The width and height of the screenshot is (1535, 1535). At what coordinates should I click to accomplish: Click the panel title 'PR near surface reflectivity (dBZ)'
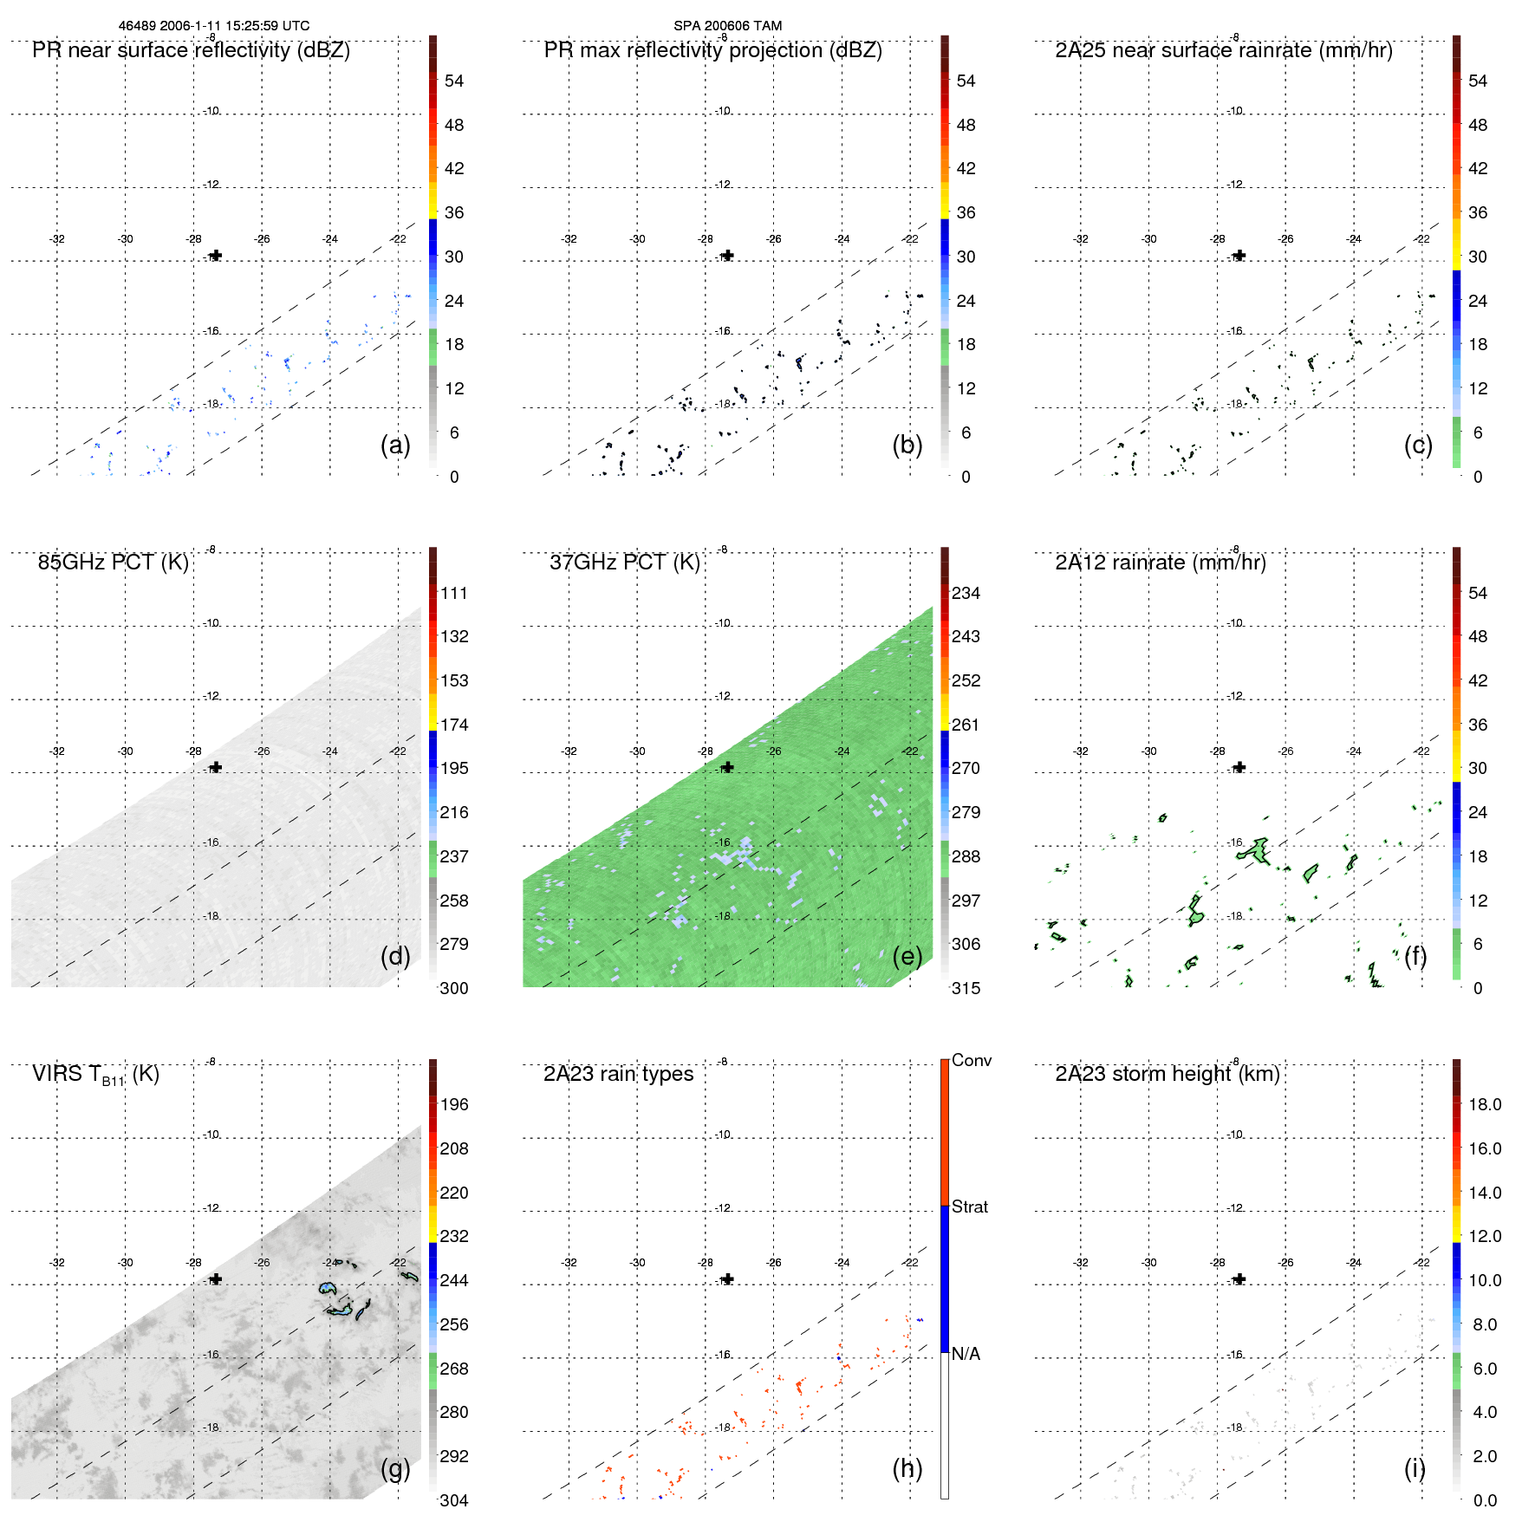pyautogui.click(x=191, y=50)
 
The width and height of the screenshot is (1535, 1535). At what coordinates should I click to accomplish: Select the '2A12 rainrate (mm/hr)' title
pyautogui.click(x=1160, y=563)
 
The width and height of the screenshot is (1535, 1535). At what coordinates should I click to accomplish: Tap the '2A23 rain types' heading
pyautogui.click(x=618, y=1074)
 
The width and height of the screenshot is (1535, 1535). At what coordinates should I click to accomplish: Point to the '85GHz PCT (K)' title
pyautogui.click(x=113, y=563)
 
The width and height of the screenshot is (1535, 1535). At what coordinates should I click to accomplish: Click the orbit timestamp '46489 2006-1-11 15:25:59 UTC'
pyautogui.click(x=214, y=26)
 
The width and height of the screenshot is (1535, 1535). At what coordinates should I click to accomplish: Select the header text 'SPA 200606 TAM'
pyautogui.click(x=727, y=26)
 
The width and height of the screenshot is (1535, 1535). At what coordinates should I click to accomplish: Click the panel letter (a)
pyautogui.click(x=395, y=445)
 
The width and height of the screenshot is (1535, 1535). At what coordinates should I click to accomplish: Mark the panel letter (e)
pyautogui.click(x=907, y=956)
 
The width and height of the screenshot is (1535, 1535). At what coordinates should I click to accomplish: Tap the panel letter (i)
pyautogui.click(x=1415, y=1468)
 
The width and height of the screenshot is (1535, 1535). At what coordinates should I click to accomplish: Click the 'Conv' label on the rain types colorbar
pyautogui.click(x=971, y=1060)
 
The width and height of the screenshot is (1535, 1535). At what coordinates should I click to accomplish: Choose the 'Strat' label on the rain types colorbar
pyautogui.click(x=969, y=1207)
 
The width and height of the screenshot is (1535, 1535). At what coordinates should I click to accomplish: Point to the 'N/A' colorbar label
pyautogui.click(x=966, y=1354)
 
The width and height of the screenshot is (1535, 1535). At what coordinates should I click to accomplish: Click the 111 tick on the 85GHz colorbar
pyautogui.click(x=453, y=593)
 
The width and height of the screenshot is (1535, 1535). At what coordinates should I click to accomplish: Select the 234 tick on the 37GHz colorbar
pyautogui.click(x=966, y=593)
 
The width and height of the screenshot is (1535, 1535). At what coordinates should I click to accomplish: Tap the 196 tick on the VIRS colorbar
pyautogui.click(x=453, y=1104)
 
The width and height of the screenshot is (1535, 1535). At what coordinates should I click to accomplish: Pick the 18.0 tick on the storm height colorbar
pyautogui.click(x=1484, y=1104)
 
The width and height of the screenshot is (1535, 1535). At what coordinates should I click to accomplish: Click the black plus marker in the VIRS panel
pyautogui.click(x=216, y=1279)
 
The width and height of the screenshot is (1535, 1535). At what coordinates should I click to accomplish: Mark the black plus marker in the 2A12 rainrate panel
pyautogui.click(x=1239, y=767)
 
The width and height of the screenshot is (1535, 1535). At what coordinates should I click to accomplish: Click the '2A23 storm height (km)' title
pyautogui.click(x=1167, y=1074)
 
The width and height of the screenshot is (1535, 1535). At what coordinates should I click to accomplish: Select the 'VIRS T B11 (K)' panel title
pyautogui.click(x=95, y=1075)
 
